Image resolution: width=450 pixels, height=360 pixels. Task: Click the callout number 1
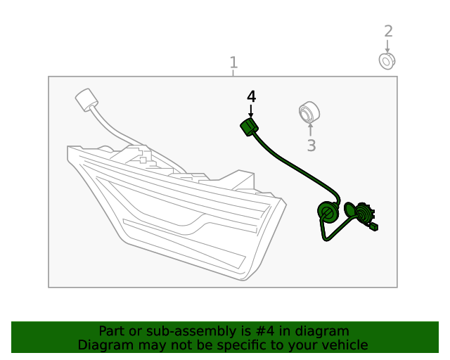coord(234,63)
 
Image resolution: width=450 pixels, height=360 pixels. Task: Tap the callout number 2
coord(388,32)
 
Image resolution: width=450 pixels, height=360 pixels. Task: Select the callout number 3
coord(311,146)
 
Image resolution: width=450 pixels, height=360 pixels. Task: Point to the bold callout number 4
coord(252,96)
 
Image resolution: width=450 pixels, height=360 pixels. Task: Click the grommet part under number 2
coord(387,61)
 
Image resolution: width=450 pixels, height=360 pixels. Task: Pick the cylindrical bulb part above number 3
coord(309,112)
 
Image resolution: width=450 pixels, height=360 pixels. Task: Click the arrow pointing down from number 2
coord(387,46)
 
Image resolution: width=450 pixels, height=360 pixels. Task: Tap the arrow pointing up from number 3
coord(310,129)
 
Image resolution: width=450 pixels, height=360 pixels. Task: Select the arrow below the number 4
coord(251,111)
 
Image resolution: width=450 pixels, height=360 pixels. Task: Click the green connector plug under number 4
coord(249,127)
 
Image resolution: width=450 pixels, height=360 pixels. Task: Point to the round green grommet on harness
coord(328,212)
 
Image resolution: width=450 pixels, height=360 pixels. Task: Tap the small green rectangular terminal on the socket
coord(373,227)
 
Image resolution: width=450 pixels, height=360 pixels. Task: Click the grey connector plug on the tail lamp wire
coord(86,100)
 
